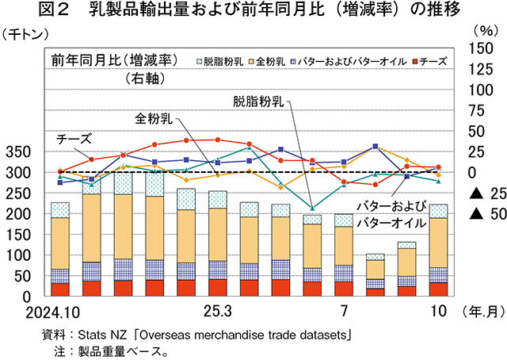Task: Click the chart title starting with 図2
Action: [x=253, y=11]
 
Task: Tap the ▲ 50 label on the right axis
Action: [x=482, y=213]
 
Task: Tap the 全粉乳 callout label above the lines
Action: [x=154, y=119]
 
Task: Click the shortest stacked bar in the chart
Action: [x=375, y=275]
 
